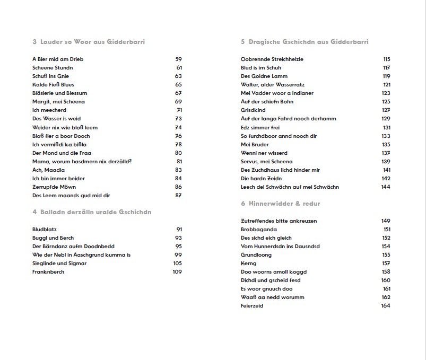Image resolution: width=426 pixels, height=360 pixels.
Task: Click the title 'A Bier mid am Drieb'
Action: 58,59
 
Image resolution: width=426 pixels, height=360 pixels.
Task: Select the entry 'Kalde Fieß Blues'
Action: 53,85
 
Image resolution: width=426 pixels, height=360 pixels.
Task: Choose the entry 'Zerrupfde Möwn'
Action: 54,187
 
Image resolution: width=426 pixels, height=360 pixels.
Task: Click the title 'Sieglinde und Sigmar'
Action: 59,264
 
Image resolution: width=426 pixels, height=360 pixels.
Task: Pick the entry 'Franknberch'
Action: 48,272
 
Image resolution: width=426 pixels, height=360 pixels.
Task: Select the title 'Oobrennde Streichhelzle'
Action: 272,59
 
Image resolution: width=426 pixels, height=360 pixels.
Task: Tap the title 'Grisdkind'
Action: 253,110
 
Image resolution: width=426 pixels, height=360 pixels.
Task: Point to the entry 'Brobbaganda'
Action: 258,230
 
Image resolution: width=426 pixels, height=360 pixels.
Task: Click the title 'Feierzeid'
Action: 252,306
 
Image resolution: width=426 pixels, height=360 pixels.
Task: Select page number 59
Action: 178,59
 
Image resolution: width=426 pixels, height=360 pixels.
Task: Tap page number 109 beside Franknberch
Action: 177,272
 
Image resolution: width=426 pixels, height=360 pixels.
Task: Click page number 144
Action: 386,187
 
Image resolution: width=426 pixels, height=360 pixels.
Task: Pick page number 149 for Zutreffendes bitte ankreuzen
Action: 386,221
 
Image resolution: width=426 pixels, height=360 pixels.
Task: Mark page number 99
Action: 178,255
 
